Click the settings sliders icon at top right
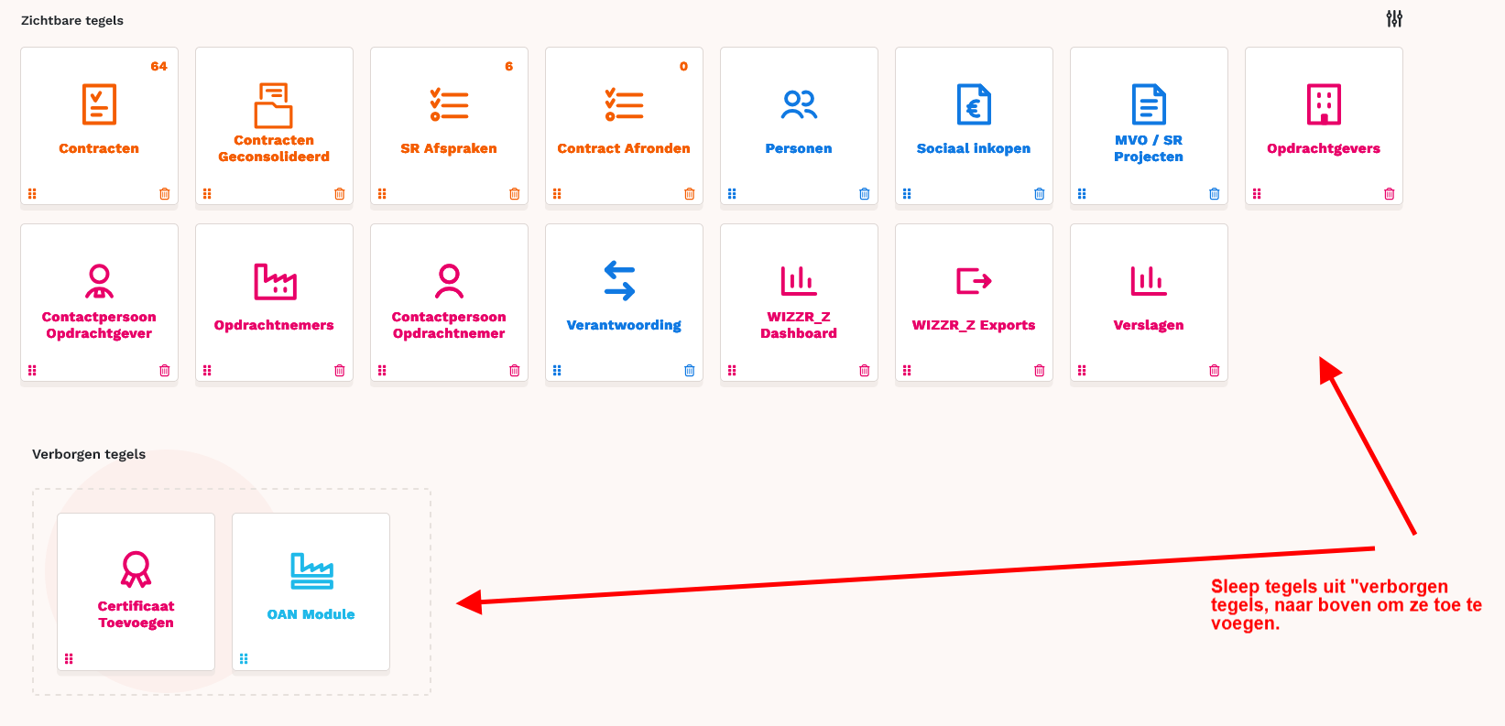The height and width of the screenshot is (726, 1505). coord(1394,19)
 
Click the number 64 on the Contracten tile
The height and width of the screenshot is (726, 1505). coord(158,67)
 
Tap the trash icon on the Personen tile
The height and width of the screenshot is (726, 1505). coord(864,194)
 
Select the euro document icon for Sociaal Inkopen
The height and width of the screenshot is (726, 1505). coord(974,104)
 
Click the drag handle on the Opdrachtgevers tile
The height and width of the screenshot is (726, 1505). coord(1257,194)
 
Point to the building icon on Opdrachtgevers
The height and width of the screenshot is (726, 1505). coord(1324,104)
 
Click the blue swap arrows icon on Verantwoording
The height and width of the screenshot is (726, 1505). coord(619,281)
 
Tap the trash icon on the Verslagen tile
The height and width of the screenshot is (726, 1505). coord(1214,371)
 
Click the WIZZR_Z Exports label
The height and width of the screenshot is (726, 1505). coord(974,325)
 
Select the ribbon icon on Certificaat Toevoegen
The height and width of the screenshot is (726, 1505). coord(136,569)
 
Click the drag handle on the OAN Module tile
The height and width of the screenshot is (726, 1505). coord(244,659)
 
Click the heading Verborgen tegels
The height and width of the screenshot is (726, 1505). coord(89,454)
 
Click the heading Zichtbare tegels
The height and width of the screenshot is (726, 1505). coord(71,20)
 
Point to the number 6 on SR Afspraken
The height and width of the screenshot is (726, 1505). coord(508,67)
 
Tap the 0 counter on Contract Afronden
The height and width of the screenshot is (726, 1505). coord(683,67)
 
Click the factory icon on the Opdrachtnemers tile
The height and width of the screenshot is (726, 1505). coord(275,281)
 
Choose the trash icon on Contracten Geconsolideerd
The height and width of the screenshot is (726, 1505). coord(339,194)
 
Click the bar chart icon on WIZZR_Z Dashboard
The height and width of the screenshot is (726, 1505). coord(798,281)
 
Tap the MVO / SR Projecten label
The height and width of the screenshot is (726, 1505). coord(1149,148)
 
